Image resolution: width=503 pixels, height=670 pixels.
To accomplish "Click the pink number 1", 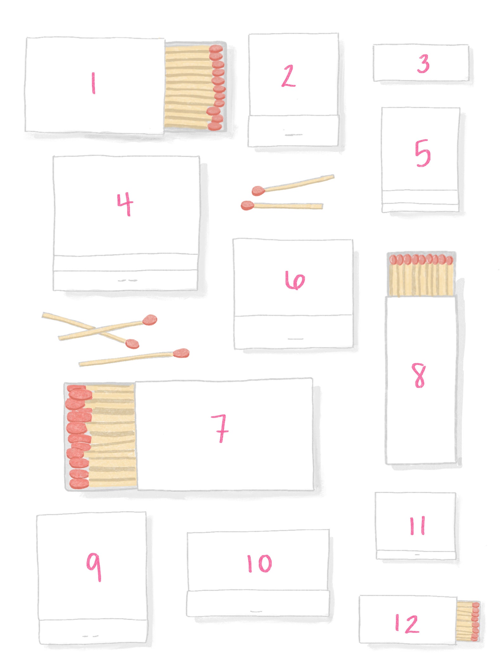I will pos(93,83).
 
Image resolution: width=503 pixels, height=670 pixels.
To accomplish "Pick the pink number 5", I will pos(423,153).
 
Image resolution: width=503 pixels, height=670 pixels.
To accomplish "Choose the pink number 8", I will pos(420,375).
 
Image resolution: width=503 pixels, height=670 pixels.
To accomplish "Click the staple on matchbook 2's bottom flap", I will pos(293,135).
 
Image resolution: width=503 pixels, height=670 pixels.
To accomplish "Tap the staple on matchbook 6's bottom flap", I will pos(296,339).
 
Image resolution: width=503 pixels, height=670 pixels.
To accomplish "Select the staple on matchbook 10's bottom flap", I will pos(256,611).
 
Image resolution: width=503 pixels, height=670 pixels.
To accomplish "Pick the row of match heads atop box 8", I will pos(421,260).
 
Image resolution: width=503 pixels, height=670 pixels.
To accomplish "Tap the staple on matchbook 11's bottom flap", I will pos(417,554).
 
